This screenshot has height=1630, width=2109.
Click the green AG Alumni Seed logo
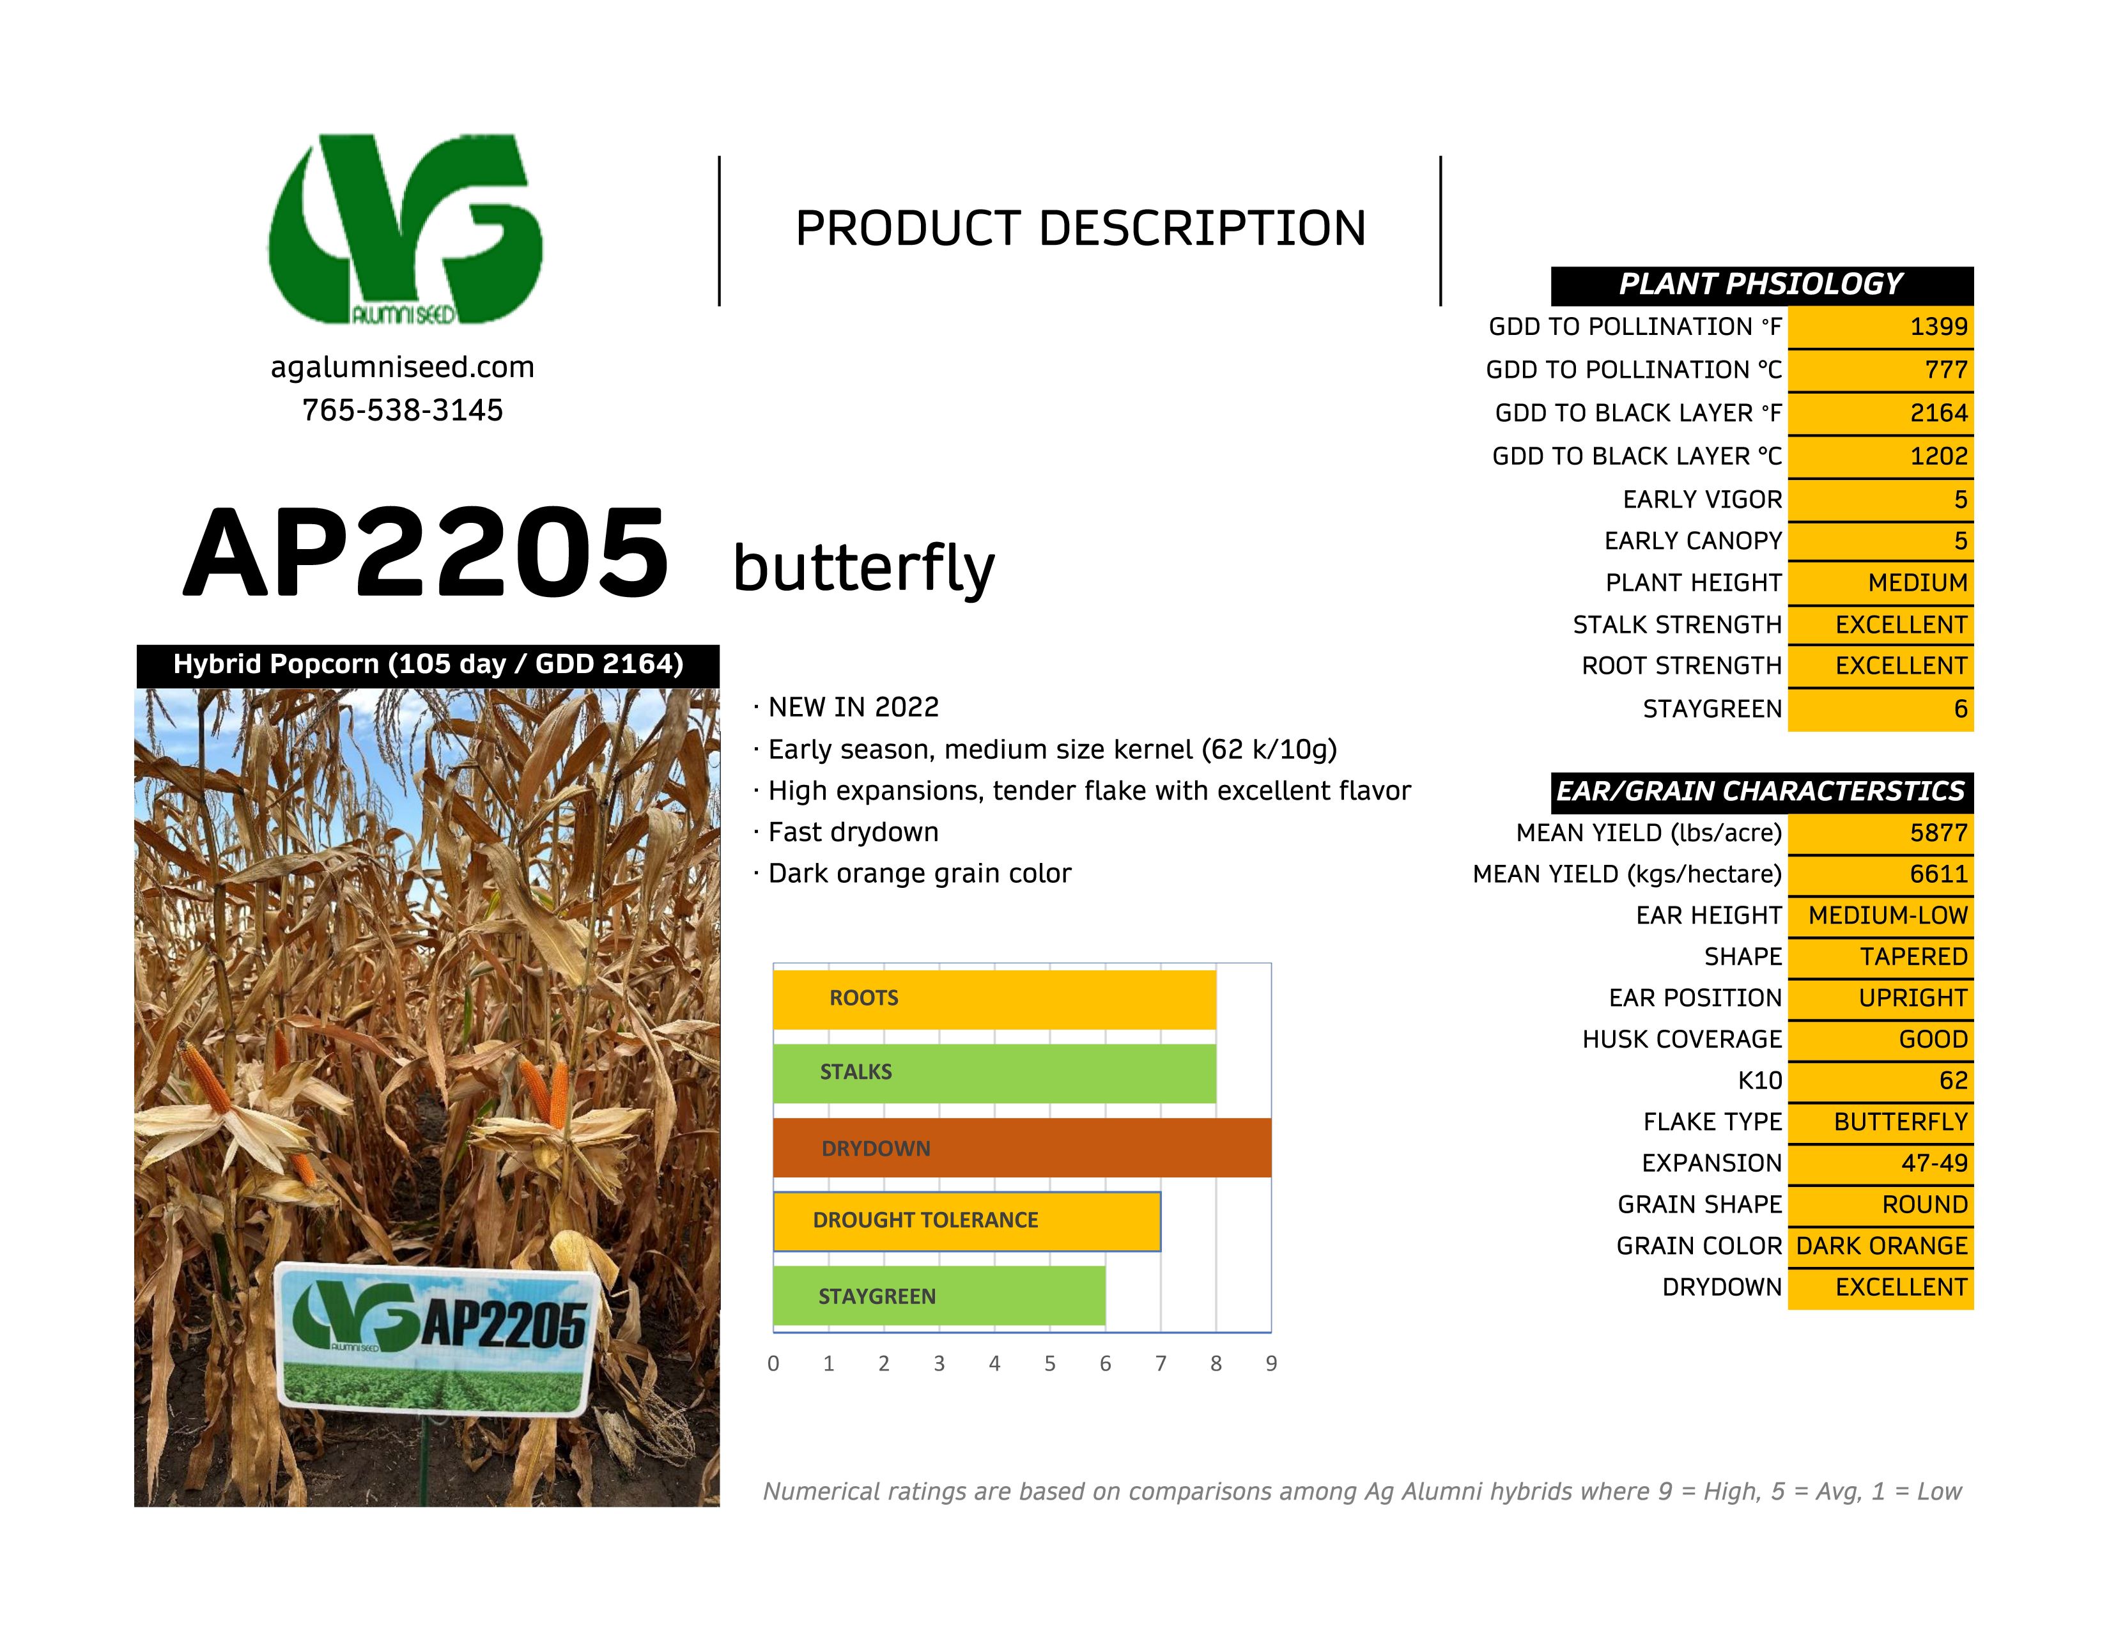406,229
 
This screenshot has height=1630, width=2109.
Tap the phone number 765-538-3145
403,410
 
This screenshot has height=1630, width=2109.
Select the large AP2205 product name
426,554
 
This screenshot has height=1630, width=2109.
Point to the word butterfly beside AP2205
863,568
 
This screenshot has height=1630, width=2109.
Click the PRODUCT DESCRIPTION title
1081,229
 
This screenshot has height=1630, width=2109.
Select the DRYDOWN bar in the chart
1023,1148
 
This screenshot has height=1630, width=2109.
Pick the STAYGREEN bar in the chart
939,1296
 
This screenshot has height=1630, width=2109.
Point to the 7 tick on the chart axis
1161,1363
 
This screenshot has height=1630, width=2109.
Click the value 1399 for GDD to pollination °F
1938,327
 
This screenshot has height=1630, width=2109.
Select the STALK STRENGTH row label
1678,625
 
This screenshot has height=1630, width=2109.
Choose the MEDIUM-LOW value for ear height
1888,915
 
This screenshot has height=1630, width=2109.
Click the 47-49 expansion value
1935,1163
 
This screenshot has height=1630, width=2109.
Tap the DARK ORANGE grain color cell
1881,1246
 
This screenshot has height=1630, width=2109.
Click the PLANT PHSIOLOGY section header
1761,285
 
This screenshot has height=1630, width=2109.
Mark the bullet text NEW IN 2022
854,708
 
